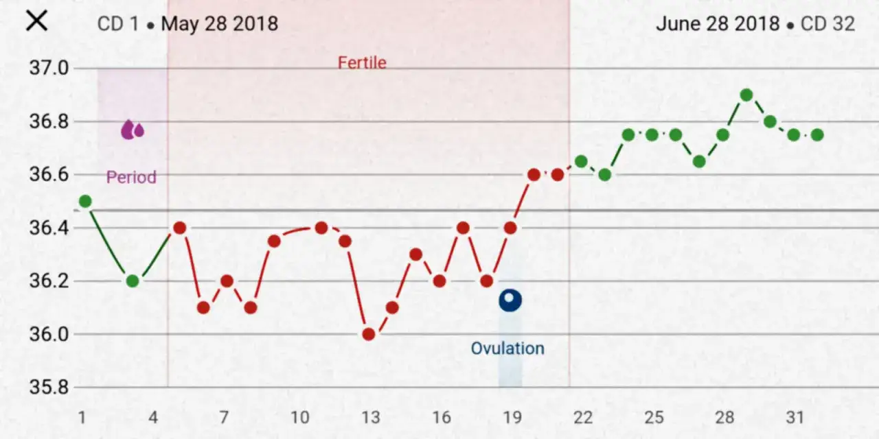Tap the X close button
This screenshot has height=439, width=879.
pyautogui.click(x=36, y=21)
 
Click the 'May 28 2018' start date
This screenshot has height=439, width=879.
pyautogui.click(x=220, y=24)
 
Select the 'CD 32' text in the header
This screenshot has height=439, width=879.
pyautogui.click(x=828, y=24)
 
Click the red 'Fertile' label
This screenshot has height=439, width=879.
pyautogui.click(x=362, y=63)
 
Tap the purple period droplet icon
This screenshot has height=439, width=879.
pyautogui.click(x=132, y=129)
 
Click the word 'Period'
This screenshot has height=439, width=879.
pyautogui.click(x=131, y=178)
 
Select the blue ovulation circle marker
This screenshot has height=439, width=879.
pyautogui.click(x=510, y=300)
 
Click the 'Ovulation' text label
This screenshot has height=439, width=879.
pyautogui.click(x=507, y=348)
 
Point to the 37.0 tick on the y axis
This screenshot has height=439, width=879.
pyautogui.click(x=49, y=68)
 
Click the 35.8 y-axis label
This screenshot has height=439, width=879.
pyautogui.click(x=49, y=388)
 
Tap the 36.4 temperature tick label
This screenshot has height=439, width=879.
pyautogui.click(x=49, y=228)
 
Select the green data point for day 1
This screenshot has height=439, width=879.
pyautogui.click(x=85, y=201)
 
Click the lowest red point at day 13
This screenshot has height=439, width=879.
pyautogui.click(x=369, y=334)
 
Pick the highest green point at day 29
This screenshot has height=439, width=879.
pyautogui.click(x=746, y=95)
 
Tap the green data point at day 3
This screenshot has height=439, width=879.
pyautogui.click(x=133, y=281)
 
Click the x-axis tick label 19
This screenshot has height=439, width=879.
pyautogui.click(x=512, y=418)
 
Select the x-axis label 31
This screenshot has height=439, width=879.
pyautogui.click(x=795, y=418)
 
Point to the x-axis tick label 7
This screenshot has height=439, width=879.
pyautogui.click(x=224, y=418)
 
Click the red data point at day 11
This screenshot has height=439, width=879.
pyautogui.click(x=321, y=228)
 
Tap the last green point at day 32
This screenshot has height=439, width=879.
pyautogui.click(x=817, y=135)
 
